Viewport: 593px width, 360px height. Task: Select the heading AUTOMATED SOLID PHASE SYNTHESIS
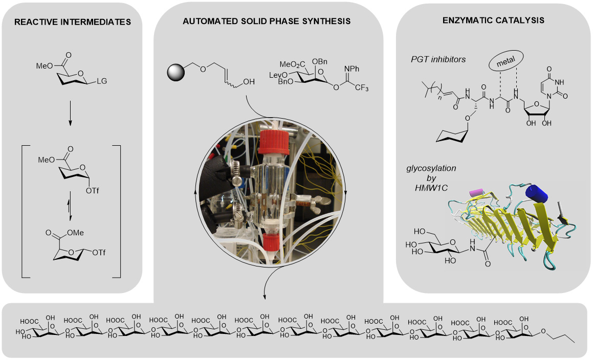tap(268, 21)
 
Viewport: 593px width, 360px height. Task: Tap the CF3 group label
tap(362, 88)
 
